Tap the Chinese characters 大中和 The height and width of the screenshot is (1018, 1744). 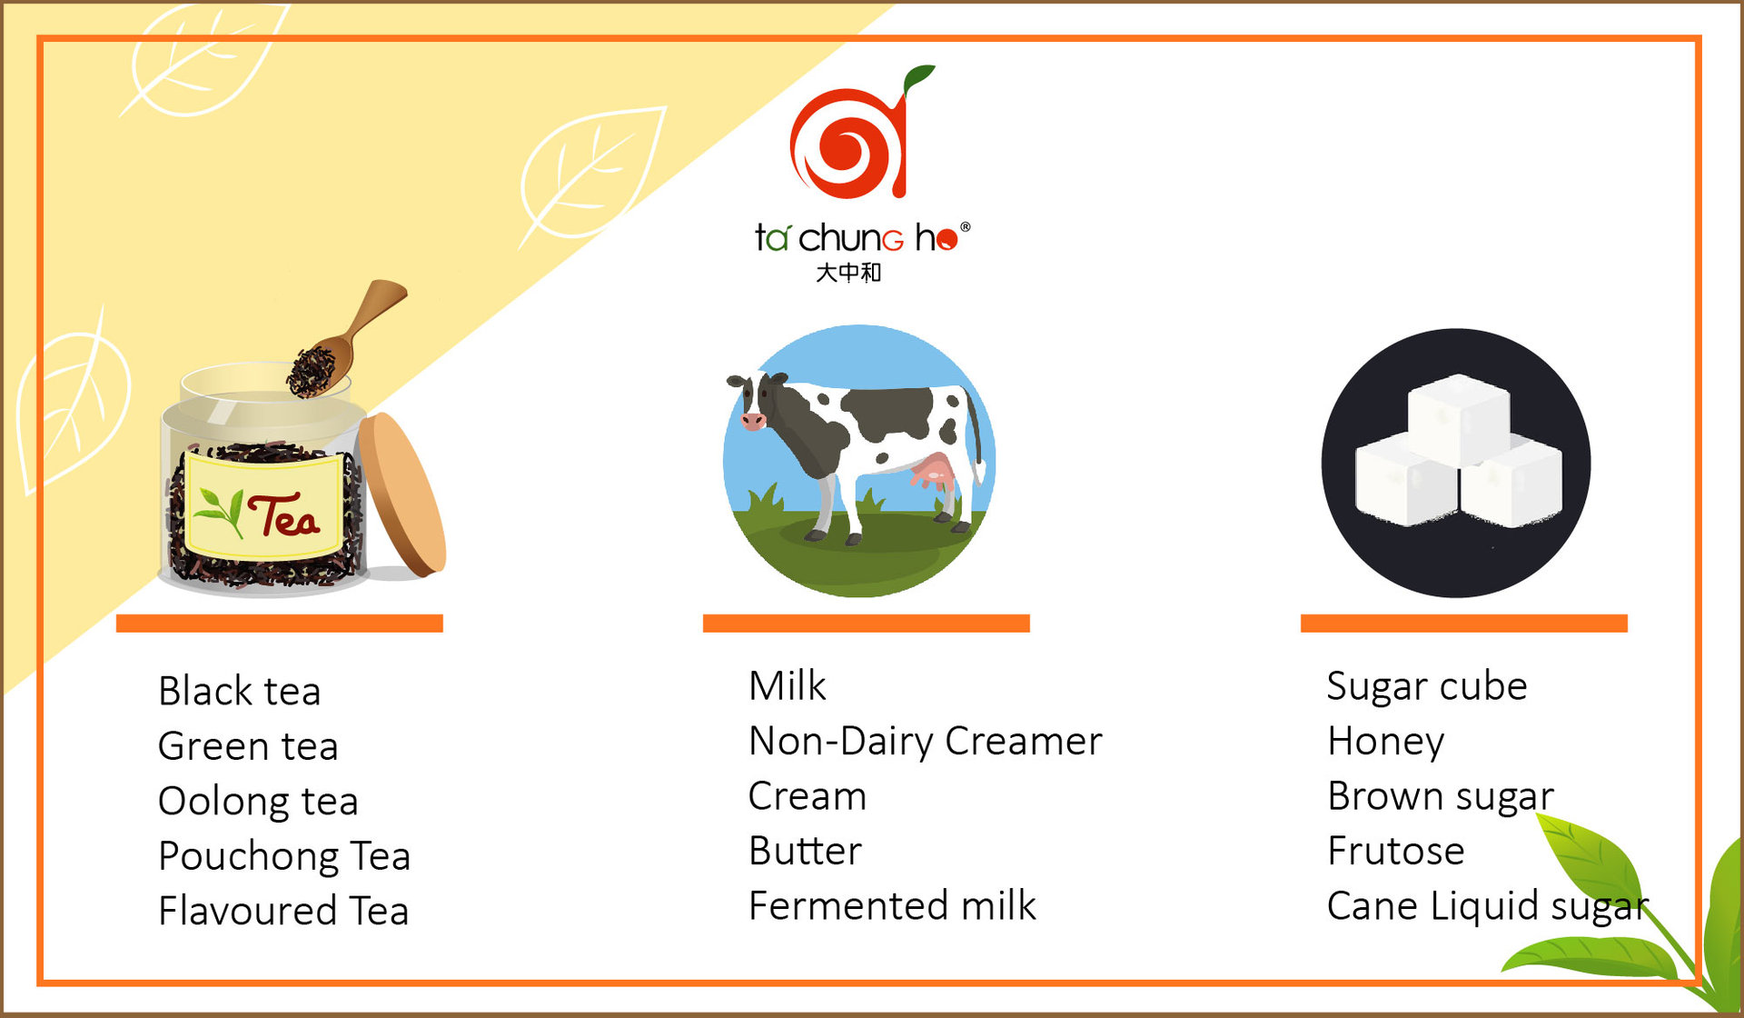pyautogui.click(x=848, y=273)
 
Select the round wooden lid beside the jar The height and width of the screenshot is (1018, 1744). pyautogui.click(x=401, y=494)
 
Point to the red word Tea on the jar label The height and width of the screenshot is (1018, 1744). pyautogui.click(x=283, y=515)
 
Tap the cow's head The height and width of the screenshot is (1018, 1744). pyautogui.click(x=753, y=401)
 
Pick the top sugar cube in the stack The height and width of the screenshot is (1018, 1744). pyautogui.click(x=1459, y=418)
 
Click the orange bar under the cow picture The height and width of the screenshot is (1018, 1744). pyautogui.click(x=866, y=623)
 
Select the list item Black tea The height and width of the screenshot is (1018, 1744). pyautogui.click(x=239, y=691)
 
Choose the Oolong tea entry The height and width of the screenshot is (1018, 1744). pyautogui.click(x=258, y=801)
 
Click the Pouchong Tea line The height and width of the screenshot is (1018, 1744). pyautogui.click(x=284, y=856)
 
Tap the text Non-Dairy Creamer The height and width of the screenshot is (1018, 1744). pyautogui.click(x=926, y=741)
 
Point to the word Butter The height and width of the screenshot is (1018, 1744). pyautogui.click(x=805, y=851)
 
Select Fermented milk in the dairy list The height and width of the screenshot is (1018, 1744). pyautogui.click(x=892, y=905)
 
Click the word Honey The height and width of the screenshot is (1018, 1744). pyautogui.click(x=1385, y=742)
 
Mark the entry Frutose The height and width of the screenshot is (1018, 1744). pyautogui.click(x=1396, y=851)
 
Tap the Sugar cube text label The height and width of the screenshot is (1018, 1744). pyautogui.click(x=1427, y=686)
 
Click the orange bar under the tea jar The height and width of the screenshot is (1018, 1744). pyautogui.click(x=279, y=623)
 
